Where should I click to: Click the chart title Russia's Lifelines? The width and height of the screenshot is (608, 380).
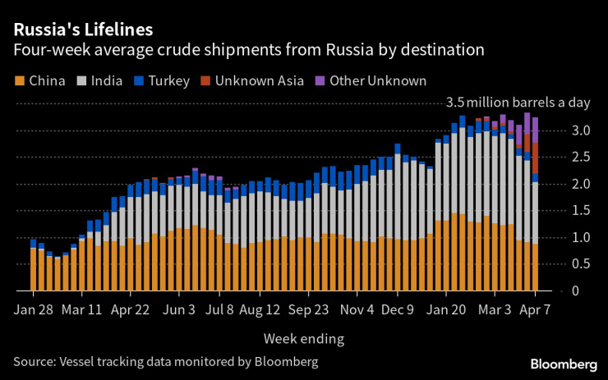pyautogui.click(x=82, y=30)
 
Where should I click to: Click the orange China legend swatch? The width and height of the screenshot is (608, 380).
pyautogui.click(x=19, y=80)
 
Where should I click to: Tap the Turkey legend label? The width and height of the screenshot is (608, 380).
pyautogui.click(x=171, y=80)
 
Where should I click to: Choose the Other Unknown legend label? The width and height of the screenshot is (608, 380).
pyautogui.click(x=376, y=80)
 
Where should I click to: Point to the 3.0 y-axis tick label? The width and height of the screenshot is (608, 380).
pyautogui.click(x=583, y=131)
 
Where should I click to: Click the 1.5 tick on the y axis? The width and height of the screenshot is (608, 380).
pyautogui.click(x=583, y=211)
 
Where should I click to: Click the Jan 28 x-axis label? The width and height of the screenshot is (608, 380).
pyautogui.click(x=34, y=311)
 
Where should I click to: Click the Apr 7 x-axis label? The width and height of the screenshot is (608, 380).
pyautogui.click(x=536, y=311)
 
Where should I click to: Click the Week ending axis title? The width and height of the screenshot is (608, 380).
pyautogui.click(x=304, y=338)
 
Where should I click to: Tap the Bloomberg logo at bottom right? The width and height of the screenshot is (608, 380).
pyautogui.click(x=564, y=364)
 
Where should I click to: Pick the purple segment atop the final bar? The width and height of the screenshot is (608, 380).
pyautogui.click(x=535, y=130)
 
